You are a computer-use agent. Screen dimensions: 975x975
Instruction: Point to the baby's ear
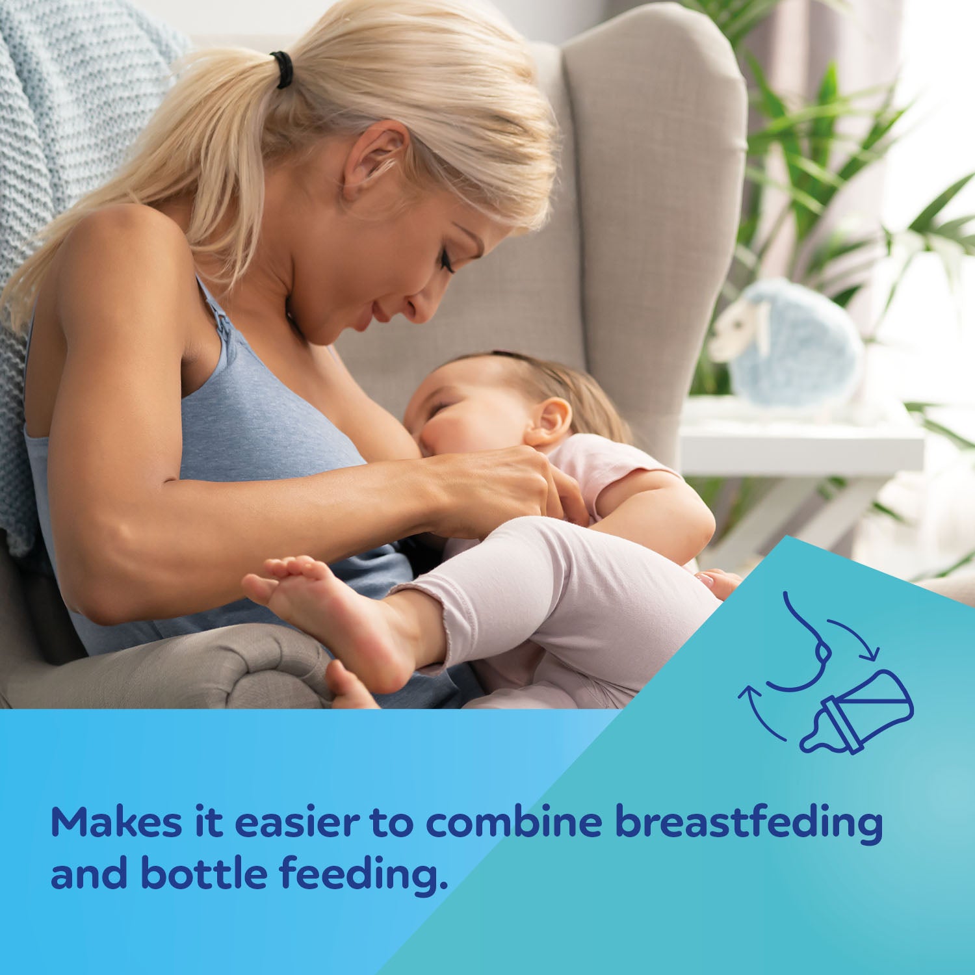click(549, 422)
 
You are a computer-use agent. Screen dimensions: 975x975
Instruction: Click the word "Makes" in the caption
click(116, 822)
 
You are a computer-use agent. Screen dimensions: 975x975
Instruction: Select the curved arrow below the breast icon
click(758, 715)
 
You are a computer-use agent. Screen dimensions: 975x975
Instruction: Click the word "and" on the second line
click(89, 873)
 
